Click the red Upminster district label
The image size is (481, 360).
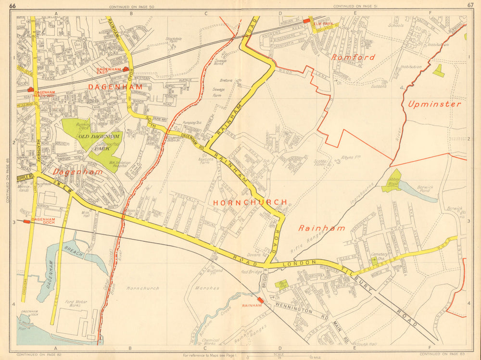click(434, 104)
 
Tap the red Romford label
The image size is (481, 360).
click(353, 57)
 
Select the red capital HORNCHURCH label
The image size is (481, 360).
click(250, 202)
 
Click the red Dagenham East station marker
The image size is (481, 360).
click(126, 69)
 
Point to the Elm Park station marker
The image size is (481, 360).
click(306, 21)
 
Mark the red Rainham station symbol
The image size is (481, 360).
click(261, 300)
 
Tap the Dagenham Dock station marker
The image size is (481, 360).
click(26, 222)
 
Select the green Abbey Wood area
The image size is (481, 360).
click(393, 181)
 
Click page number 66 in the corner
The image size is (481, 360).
click(13, 5)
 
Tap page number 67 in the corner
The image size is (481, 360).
click(470, 5)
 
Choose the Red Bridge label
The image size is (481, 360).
click(251, 272)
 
